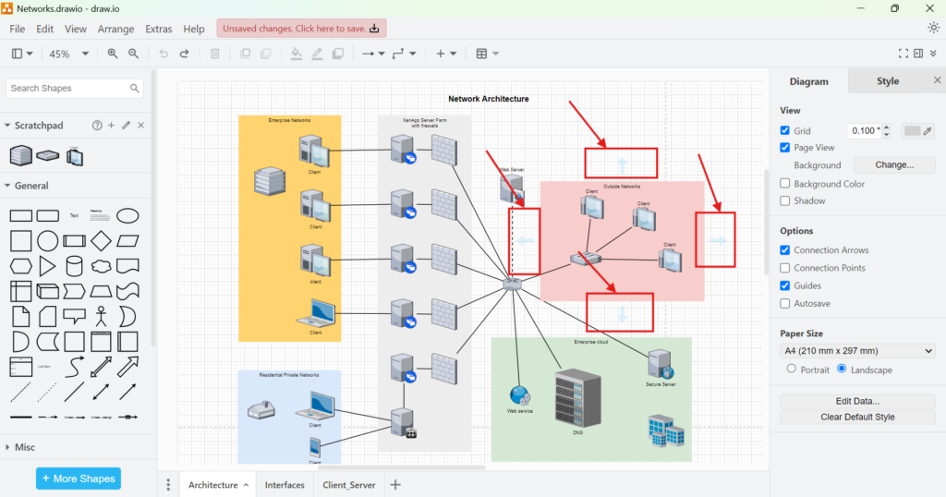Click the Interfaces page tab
(285, 485)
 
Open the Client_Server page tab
(348, 485)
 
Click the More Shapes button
(79, 479)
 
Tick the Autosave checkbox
(785, 303)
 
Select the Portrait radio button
(791, 369)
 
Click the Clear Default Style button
(857, 417)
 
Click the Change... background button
(893, 165)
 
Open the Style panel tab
(887, 81)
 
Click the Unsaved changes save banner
(301, 29)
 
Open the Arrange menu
(115, 29)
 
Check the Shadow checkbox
(785, 200)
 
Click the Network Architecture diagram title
(488, 99)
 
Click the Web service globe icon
(519, 396)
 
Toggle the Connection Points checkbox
(785, 268)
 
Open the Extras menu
(158, 29)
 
